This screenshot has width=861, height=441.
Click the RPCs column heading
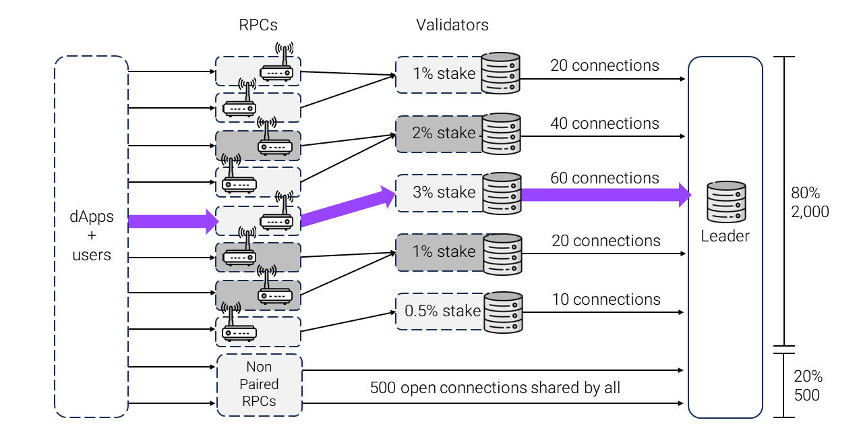(x=258, y=26)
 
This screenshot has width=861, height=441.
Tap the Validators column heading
(x=452, y=26)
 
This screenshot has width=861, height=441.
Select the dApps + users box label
(x=92, y=236)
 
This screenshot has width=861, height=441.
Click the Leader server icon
(x=725, y=202)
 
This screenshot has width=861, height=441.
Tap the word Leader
(x=725, y=237)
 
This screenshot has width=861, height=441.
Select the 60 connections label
(x=605, y=178)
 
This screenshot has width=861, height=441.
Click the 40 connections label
(x=605, y=123)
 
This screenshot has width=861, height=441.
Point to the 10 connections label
(x=606, y=299)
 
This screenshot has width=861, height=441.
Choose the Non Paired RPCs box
(x=260, y=385)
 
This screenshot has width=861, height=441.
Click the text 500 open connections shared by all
(x=495, y=388)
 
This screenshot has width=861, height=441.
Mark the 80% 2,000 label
(x=810, y=202)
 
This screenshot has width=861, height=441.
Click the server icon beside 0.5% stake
(x=503, y=312)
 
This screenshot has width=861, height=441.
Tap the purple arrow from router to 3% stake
(x=347, y=207)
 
